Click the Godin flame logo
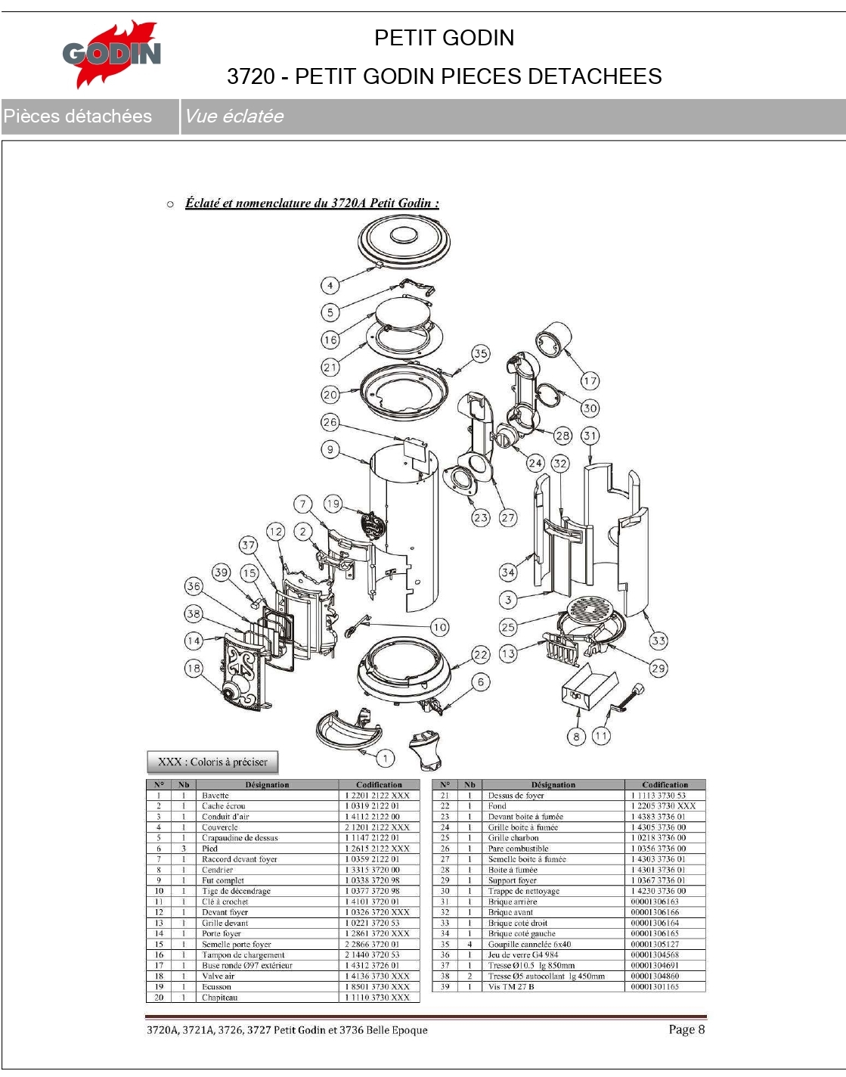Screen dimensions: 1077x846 click(x=112, y=54)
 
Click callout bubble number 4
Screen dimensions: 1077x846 click(x=330, y=285)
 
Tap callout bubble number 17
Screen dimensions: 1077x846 click(x=590, y=380)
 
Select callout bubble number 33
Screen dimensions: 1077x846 click(x=659, y=641)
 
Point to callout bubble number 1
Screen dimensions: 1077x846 click(x=385, y=758)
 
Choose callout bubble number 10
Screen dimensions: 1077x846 click(x=439, y=626)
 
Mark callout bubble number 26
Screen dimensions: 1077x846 click(x=330, y=422)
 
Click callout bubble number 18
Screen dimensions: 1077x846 click(x=194, y=668)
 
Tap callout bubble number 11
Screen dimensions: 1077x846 click(x=601, y=735)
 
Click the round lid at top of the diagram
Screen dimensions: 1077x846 click(x=404, y=241)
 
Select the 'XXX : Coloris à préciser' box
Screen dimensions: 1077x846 click(x=212, y=762)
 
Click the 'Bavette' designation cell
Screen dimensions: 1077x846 click(x=215, y=796)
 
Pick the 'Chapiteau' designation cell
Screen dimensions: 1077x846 click(x=220, y=998)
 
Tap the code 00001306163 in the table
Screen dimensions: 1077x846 click(x=655, y=902)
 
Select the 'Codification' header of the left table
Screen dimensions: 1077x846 click(x=379, y=785)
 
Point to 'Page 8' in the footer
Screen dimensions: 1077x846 click(x=686, y=1029)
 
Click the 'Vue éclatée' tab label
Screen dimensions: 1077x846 click(x=234, y=116)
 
